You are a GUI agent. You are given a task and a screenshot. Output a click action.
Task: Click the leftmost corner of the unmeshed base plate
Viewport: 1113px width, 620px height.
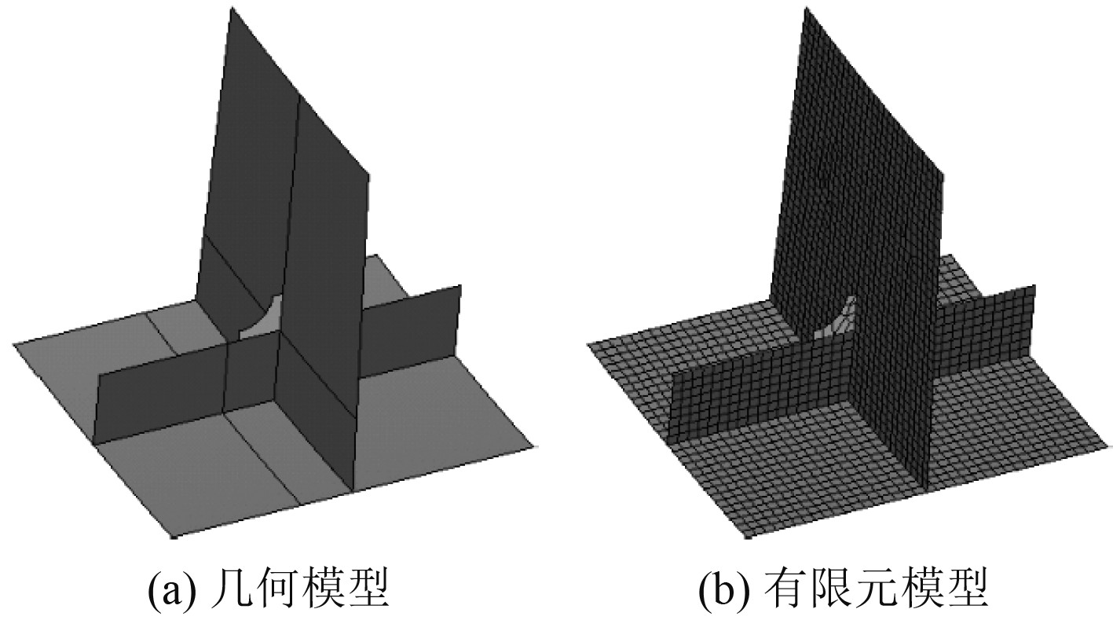(x=13, y=343)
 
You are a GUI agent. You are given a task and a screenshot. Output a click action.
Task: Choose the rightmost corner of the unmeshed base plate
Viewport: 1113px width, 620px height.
(x=537, y=446)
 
